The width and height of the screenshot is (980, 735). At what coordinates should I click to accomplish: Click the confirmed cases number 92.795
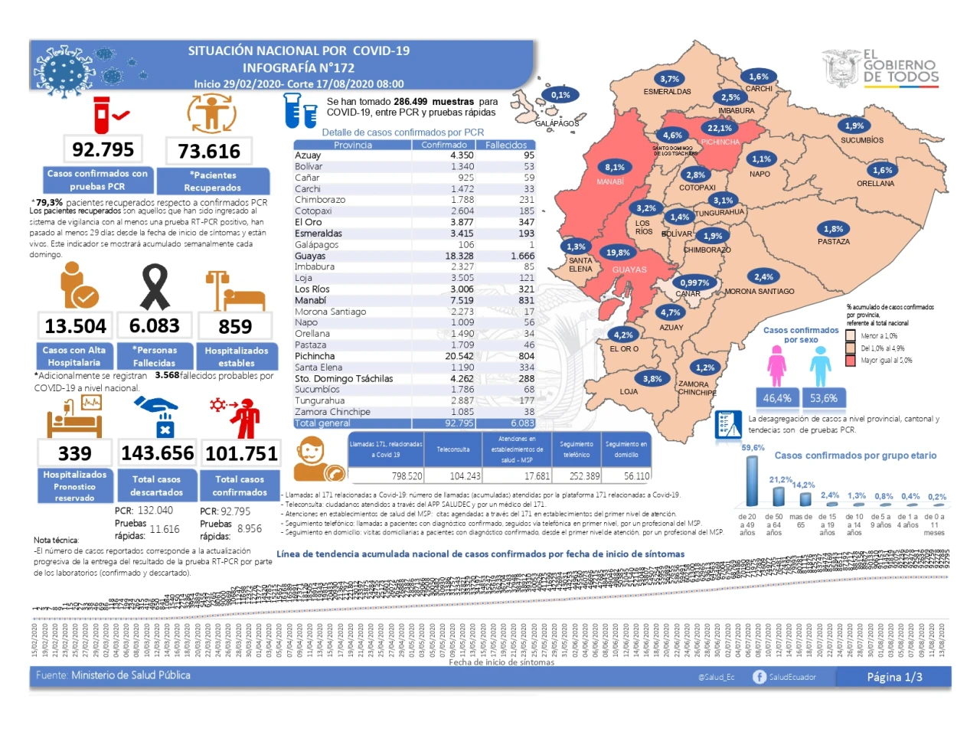coord(103,149)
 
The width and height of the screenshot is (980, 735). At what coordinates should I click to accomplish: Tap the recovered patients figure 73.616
coord(209,152)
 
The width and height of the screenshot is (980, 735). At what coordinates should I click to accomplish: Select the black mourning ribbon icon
coord(155,286)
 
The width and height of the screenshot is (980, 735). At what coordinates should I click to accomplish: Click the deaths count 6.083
coord(155,326)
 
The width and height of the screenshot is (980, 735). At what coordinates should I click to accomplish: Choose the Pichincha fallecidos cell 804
coord(526,356)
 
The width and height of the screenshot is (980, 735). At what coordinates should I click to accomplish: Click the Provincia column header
coord(352,145)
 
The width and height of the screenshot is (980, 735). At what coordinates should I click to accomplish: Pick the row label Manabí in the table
coord(311,300)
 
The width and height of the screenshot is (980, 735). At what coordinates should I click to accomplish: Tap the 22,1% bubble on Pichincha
coord(720,129)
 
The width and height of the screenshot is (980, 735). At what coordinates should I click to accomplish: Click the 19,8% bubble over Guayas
coord(618,253)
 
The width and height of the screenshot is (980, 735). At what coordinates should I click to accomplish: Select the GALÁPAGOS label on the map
coord(557,123)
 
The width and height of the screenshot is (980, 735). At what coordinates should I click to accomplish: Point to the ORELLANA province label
coord(875,184)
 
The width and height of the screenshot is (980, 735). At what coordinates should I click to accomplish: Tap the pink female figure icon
coord(777,366)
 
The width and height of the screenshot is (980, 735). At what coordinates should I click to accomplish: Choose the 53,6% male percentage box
coord(824,398)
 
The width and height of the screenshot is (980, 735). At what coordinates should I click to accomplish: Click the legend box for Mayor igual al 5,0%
coord(851,361)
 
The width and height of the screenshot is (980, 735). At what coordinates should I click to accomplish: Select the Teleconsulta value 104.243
coord(465,476)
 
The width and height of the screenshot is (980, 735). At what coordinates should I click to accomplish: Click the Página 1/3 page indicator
coord(894,677)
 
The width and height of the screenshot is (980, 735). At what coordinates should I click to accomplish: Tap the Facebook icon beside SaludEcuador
coord(759,677)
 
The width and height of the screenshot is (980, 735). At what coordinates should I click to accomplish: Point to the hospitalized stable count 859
coord(235,327)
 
